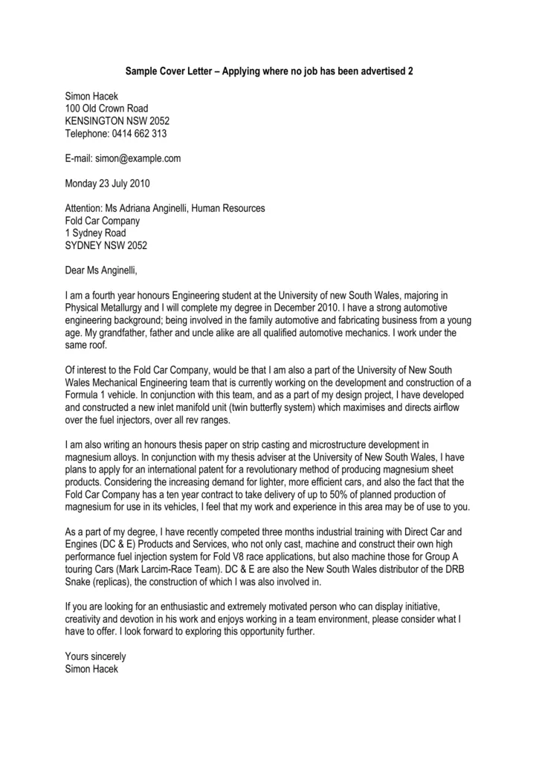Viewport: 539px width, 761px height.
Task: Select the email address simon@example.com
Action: coord(142,158)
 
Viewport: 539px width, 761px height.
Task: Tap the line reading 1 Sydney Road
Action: coord(95,233)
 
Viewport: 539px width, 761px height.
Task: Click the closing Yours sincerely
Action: coord(96,656)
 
